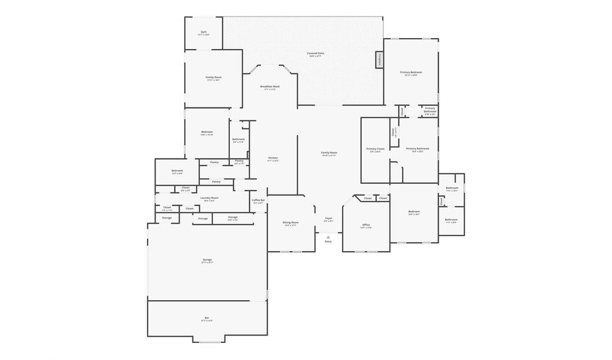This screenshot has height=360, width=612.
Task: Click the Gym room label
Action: [203, 32]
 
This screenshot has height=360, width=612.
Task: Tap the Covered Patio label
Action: [315, 53]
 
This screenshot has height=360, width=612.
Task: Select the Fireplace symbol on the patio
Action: [379, 60]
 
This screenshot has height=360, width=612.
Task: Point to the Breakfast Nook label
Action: [270, 86]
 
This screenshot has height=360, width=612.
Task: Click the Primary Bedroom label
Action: [411, 72]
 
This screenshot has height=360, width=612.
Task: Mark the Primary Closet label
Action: [375, 148]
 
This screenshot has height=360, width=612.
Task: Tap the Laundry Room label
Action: [209, 198]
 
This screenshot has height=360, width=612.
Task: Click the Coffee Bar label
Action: [258, 200]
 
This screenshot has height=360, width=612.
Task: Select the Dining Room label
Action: [290, 223]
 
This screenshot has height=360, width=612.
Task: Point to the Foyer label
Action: [328, 218]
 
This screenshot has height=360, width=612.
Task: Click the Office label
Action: [366, 225]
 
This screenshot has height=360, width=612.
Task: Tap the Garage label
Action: [207, 260]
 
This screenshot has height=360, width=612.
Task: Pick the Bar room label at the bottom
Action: [207, 317]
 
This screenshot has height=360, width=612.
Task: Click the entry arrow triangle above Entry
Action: [328, 236]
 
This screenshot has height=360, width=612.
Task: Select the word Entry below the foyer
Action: [328, 242]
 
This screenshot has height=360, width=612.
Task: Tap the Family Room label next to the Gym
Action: [214, 78]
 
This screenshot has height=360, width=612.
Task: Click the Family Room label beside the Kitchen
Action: [329, 153]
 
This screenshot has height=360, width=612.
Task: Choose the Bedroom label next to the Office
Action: [414, 212]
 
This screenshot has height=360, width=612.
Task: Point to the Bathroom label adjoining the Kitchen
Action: [239, 140]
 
